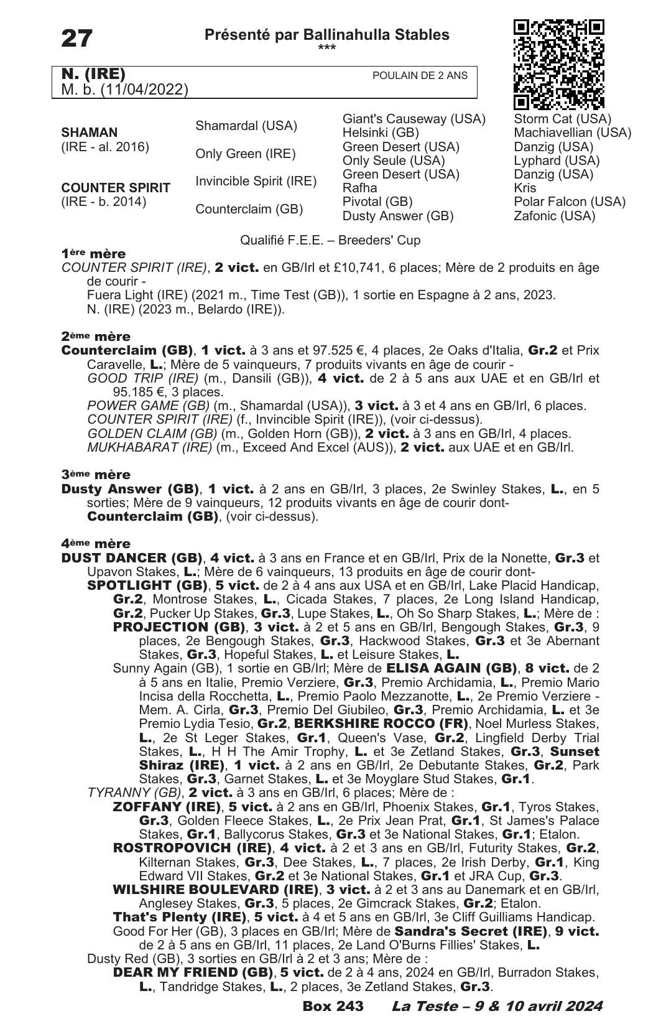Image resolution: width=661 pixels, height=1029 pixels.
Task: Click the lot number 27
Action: pyautogui.click(x=76, y=39)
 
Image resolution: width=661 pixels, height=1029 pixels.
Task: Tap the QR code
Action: pyautogui.click(x=558, y=64)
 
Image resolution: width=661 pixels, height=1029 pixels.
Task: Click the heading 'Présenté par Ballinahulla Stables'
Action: pyautogui.click(x=326, y=35)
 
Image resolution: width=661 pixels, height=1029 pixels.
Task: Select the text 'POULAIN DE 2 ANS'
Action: pyautogui.click(x=420, y=76)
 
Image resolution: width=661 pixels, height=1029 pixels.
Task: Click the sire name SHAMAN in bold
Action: pyautogui.click(x=89, y=133)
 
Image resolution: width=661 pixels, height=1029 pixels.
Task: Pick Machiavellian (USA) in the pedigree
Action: pyautogui.click(x=572, y=133)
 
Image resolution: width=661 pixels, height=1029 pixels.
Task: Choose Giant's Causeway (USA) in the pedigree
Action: pyautogui.click(x=414, y=119)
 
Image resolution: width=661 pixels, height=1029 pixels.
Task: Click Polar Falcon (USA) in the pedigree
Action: pyautogui.click(x=569, y=202)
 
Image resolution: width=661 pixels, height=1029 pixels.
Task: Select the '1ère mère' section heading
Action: pyautogui.click(x=93, y=254)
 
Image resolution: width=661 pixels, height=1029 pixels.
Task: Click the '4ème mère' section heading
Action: pyautogui.click(x=96, y=544)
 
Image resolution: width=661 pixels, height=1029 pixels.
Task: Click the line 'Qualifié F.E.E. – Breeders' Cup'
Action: pyautogui.click(x=330, y=240)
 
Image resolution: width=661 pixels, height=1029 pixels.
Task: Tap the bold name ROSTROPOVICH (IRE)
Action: pyautogui.click(x=192, y=848)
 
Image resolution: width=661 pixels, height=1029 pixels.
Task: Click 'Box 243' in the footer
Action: pyautogui.click(x=333, y=1006)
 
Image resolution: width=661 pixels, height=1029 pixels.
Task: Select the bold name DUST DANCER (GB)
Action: pyautogui.click(x=132, y=558)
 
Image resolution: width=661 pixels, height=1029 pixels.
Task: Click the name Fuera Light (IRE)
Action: pyautogui.click(x=131, y=295)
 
